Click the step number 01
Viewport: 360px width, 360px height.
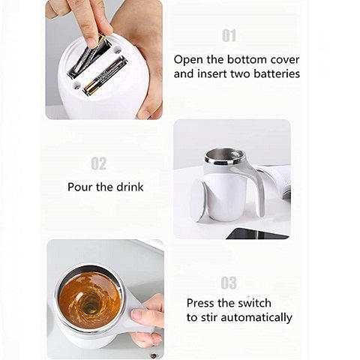click(229, 36)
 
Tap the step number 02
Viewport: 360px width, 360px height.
click(99, 163)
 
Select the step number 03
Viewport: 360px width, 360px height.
click(229, 283)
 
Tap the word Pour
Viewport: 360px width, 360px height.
click(80, 187)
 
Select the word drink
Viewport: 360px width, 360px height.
click(130, 187)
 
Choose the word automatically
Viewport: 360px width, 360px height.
click(256, 318)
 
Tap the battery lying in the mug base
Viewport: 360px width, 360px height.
click(105, 76)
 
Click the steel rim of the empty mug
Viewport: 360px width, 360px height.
click(224, 157)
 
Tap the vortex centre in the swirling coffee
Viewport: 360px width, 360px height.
click(89, 304)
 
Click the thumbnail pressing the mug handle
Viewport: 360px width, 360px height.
click(137, 315)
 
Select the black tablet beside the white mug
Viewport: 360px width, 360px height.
click(257, 234)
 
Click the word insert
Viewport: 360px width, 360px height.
click(211, 73)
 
